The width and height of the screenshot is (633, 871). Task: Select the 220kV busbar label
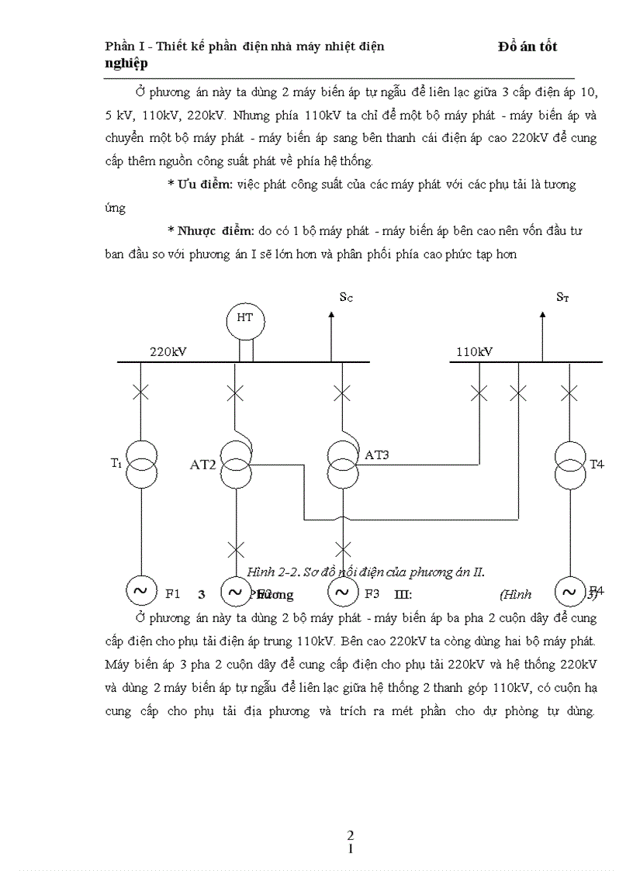pyautogui.click(x=168, y=351)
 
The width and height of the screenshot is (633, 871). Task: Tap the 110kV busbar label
pyautogui.click(x=474, y=351)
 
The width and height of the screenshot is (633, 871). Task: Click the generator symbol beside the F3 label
pyautogui.click(x=342, y=593)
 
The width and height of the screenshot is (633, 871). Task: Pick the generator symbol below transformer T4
pyautogui.click(x=569, y=593)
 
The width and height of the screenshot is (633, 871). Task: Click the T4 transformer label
pyautogui.click(x=597, y=465)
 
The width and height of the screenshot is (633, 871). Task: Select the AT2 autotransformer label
pyautogui.click(x=203, y=465)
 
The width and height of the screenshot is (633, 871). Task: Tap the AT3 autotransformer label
pyautogui.click(x=377, y=455)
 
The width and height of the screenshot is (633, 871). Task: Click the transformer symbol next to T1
pyautogui.click(x=140, y=464)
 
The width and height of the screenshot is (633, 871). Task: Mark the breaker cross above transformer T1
pyautogui.click(x=140, y=392)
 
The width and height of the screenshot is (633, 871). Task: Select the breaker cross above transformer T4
pyautogui.click(x=569, y=392)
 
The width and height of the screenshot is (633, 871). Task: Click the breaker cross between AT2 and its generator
pyautogui.click(x=235, y=549)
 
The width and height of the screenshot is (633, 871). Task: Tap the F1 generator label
pyautogui.click(x=173, y=594)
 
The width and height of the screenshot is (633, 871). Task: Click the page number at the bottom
pyautogui.click(x=351, y=842)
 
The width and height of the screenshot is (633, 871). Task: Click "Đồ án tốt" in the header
pyautogui.click(x=527, y=47)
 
